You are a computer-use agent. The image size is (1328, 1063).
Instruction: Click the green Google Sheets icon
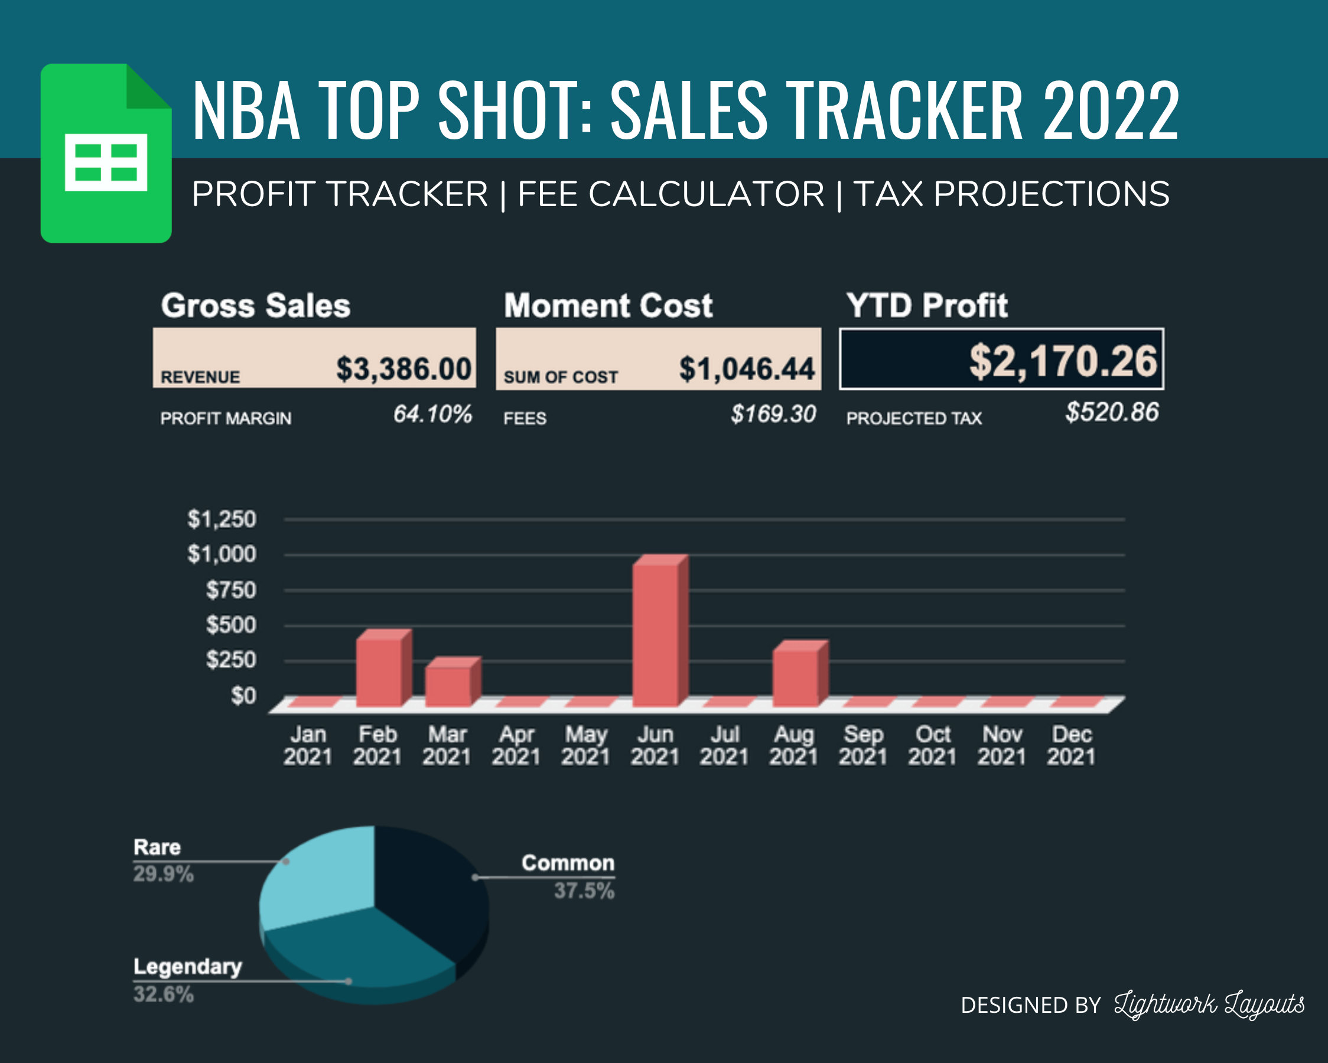[x=106, y=154]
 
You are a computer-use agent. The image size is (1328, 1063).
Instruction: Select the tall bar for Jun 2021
[x=656, y=634]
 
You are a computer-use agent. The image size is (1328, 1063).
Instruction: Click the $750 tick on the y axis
[x=230, y=590]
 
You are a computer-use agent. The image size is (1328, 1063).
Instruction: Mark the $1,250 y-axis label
[x=221, y=519]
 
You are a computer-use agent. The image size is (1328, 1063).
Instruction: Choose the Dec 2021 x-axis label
[x=1071, y=745]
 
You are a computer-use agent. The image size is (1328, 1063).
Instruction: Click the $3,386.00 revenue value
[x=403, y=369]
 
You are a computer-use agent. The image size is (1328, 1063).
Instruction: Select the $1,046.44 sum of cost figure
[x=747, y=369]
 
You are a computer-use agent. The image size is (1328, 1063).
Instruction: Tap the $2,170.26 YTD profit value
[x=1063, y=361]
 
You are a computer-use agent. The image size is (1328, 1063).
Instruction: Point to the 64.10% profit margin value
[x=432, y=414]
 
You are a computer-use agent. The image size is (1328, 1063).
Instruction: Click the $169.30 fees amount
[x=773, y=414]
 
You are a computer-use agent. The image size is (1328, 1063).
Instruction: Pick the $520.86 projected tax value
[x=1112, y=412]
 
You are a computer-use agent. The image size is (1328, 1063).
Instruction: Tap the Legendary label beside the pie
[x=187, y=967]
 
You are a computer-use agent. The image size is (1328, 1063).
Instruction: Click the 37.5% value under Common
[x=584, y=891]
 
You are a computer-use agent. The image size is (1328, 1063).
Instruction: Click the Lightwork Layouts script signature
[x=1209, y=1005]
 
